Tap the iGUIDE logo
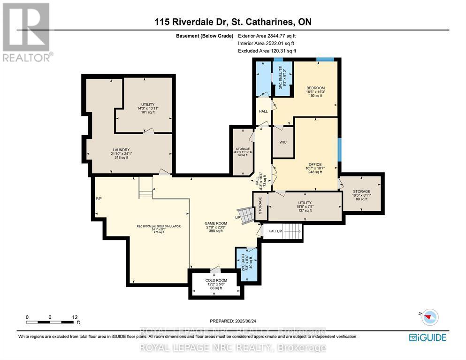pos(427,337)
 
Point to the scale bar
pos(50,322)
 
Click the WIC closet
pos(283,142)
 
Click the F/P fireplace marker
pos(99,199)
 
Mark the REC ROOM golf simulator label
pos(159,229)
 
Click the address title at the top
pos(233,22)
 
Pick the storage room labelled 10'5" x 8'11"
pos(362,195)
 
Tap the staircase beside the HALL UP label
pos(291,231)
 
